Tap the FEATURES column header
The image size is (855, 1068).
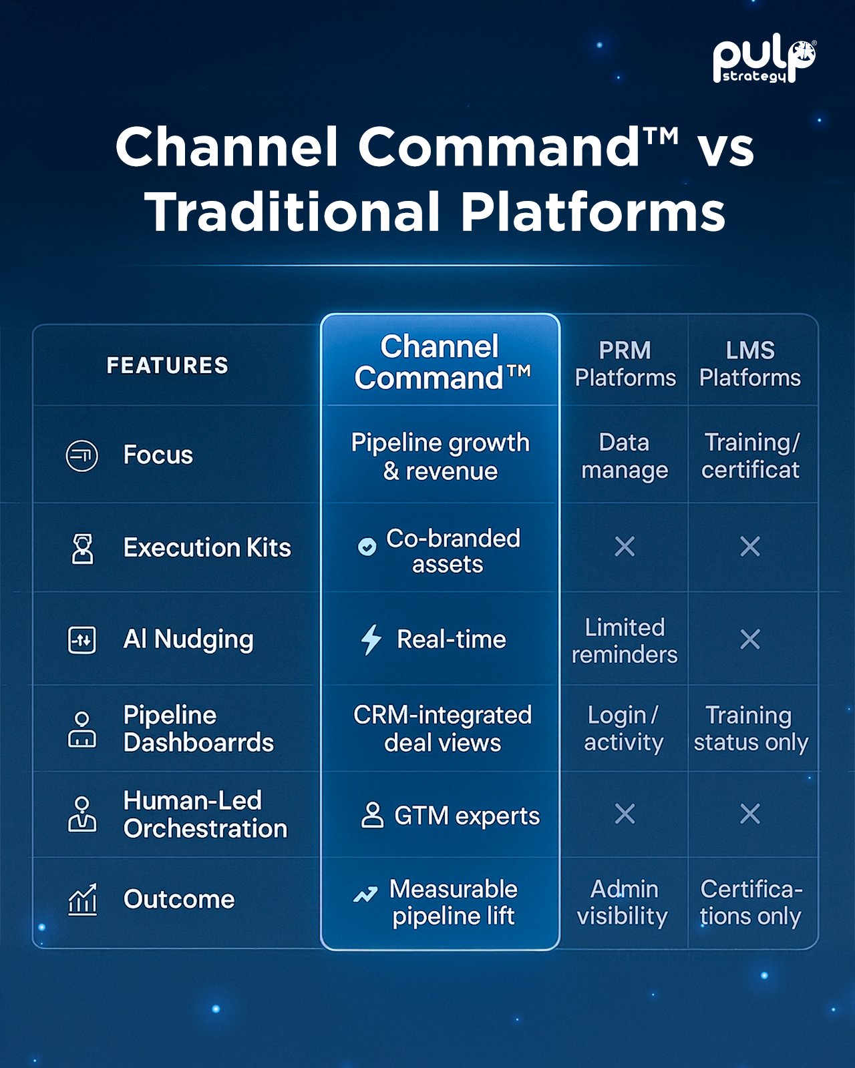tap(168, 365)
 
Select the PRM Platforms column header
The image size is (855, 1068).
tap(625, 364)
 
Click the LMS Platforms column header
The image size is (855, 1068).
tap(749, 364)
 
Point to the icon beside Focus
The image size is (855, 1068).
tap(82, 456)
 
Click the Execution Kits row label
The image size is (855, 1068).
tap(207, 548)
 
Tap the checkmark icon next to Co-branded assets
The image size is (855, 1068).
tap(367, 547)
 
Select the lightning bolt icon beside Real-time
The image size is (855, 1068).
tap(371, 639)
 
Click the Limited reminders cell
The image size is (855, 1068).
tap(625, 641)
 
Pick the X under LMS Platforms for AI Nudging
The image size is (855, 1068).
tap(750, 639)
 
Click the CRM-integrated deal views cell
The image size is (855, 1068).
tap(442, 728)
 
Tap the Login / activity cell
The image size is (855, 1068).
tap(624, 728)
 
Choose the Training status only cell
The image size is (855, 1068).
tap(750, 728)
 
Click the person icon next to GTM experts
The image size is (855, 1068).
tap(372, 815)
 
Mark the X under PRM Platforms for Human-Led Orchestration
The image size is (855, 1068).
tap(625, 814)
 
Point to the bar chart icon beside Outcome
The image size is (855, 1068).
tap(83, 900)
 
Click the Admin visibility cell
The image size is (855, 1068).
tap(623, 902)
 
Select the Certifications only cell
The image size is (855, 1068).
tap(750, 902)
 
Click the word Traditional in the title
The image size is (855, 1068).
tap(293, 212)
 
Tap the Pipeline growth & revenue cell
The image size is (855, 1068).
tap(441, 457)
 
